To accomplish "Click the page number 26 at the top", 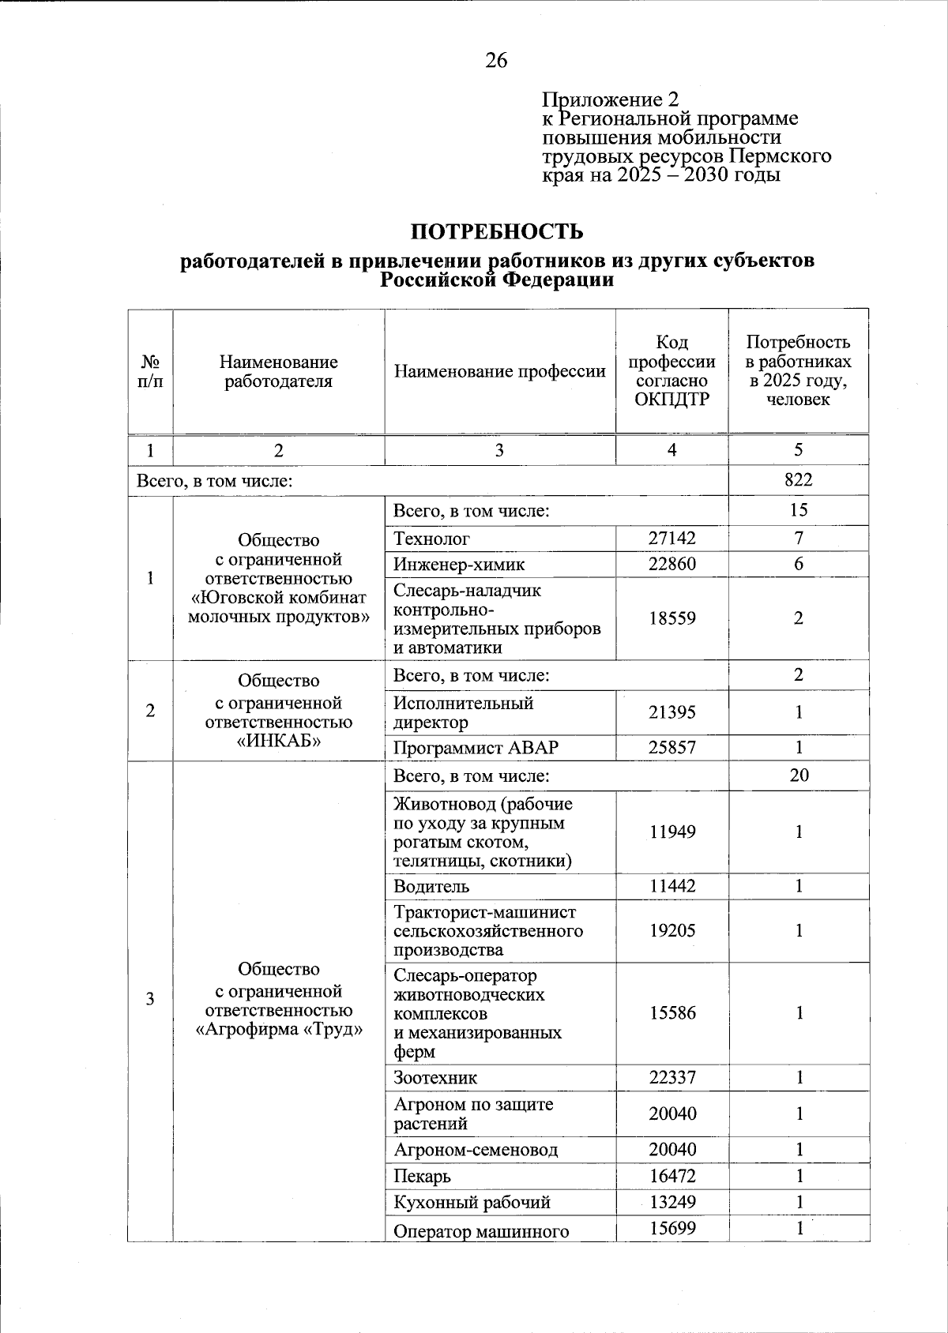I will pyautogui.click(x=497, y=61).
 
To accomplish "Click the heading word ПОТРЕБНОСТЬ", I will pyautogui.click(x=497, y=231).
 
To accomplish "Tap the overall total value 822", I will pyautogui.click(x=799, y=479).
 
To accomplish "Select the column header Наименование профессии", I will pyautogui.click(x=499, y=371).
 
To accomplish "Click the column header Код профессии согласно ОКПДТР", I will pyautogui.click(x=671, y=370).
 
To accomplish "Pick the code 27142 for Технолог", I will pyautogui.click(x=672, y=539).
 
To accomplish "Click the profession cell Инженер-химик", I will pyautogui.click(x=459, y=564).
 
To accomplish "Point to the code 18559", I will pyautogui.click(x=672, y=618).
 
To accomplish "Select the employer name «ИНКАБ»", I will pyautogui.click(x=278, y=741).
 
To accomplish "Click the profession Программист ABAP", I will pyautogui.click(x=465, y=747).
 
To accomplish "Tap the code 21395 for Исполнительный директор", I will pyautogui.click(x=672, y=712).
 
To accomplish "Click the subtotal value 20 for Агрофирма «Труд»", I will pyautogui.click(x=799, y=775).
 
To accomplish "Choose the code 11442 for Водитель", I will pyautogui.click(x=672, y=886).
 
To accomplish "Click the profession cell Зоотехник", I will pyautogui.click(x=435, y=1078).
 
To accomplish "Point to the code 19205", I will pyautogui.click(x=672, y=931).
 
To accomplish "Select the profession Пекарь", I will pyautogui.click(x=423, y=1176).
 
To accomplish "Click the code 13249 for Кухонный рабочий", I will pyautogui.click(x=672, y=1202).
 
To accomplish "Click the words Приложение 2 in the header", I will pyautogui.click(x=610, y=100).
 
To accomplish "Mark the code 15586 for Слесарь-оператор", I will pyautogui.click(x=672, y=1013).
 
